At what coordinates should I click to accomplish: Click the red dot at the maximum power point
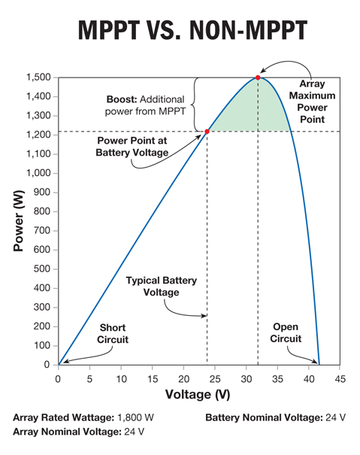(x=258, y=77)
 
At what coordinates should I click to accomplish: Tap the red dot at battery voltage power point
(x=207, y=132)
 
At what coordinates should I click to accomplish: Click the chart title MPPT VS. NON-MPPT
(x=192, y=30)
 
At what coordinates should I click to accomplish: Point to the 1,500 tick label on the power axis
(x=38, y=77)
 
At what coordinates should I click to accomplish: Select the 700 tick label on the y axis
(x=42, y=231)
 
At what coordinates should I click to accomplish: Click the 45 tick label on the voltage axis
(x=340, y=379)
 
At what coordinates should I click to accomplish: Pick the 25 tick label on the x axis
(x=215, y=379)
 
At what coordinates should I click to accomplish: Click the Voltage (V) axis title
(x=198, y=395)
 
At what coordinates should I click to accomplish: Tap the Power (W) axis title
(x=19, y=221)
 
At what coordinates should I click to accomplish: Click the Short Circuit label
(x=113, y=333)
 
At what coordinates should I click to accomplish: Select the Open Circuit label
(x=286, y=332)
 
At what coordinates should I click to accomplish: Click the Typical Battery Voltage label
(x=162, y=286)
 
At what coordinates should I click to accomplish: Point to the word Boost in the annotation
(x=122, y=99)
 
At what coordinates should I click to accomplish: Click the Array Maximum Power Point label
(x=312, y=102)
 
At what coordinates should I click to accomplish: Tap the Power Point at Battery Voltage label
(x=132, y=147)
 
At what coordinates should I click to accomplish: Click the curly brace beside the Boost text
(x=194, y=105)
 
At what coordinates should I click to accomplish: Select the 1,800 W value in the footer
(x=135, y=417)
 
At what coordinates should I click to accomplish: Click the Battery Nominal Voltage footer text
(x=264, y=417)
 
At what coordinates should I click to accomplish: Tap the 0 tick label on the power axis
(x=47, y=365)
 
